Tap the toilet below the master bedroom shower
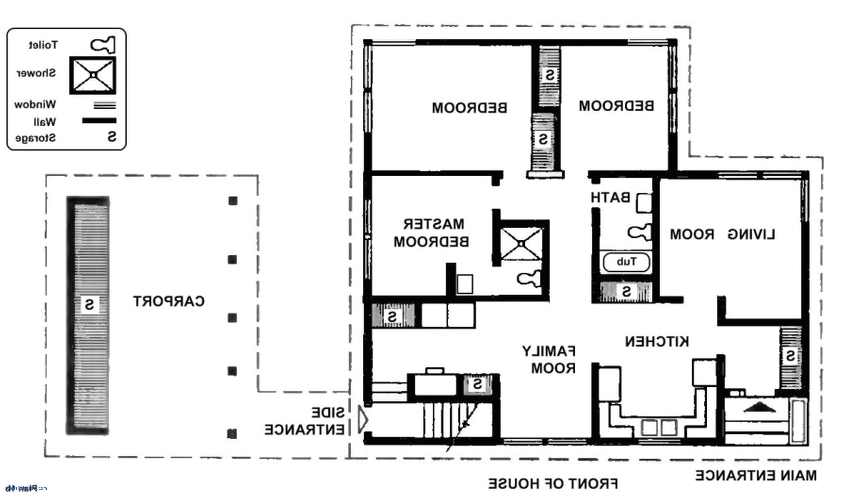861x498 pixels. point(529,278)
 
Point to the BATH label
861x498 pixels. point(611,198)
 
